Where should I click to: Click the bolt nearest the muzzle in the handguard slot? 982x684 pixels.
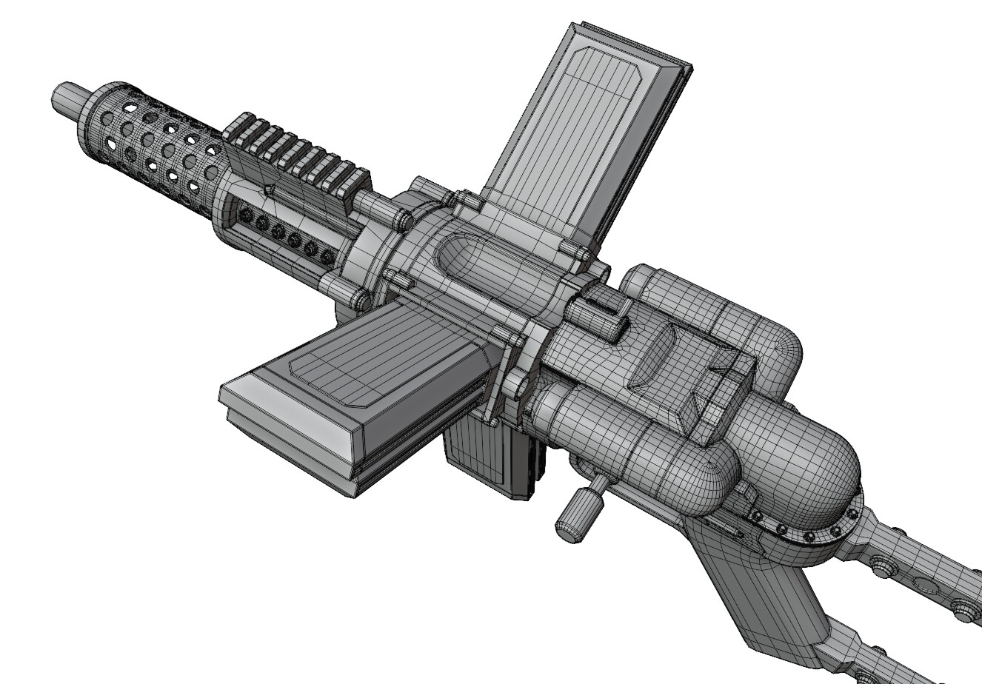tap(246, 214)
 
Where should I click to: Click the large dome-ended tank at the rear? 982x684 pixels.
tap(800, 459)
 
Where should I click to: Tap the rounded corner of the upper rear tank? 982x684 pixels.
tap(781, 348)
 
